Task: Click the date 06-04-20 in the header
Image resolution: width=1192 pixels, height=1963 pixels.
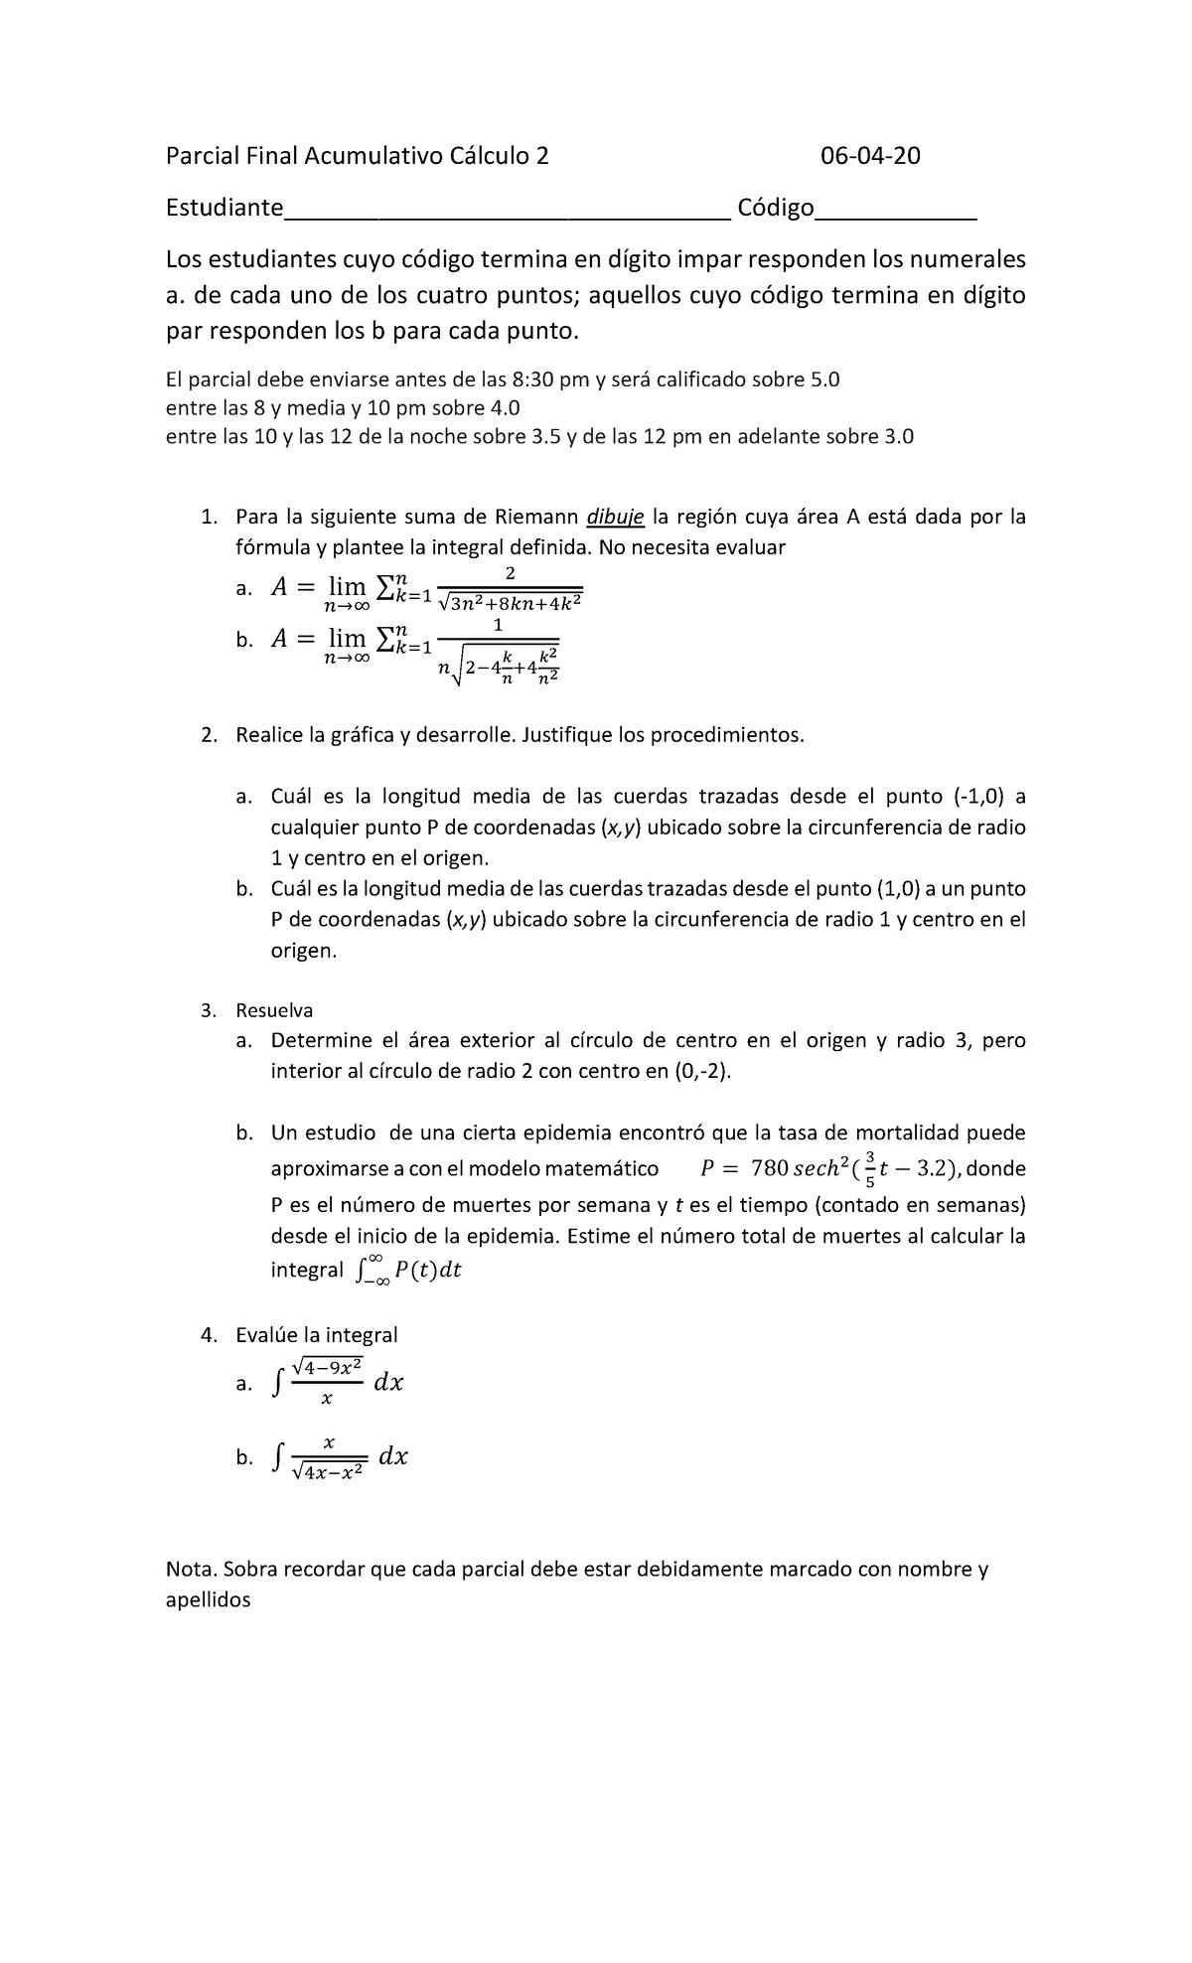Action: (x=869, y=156)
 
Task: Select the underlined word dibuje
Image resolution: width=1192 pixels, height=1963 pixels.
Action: (x=616, y=517)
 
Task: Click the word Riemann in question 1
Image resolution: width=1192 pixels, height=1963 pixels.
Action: (x=537, y=517)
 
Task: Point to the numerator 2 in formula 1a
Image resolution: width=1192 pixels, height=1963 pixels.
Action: (x=511, y=574)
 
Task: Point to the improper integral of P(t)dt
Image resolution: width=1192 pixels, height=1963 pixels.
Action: (x=408, y=1271)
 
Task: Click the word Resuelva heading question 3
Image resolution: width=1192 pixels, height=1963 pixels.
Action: (x=274, y=1010)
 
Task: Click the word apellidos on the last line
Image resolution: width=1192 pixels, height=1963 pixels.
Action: (x=208, y=1600)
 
